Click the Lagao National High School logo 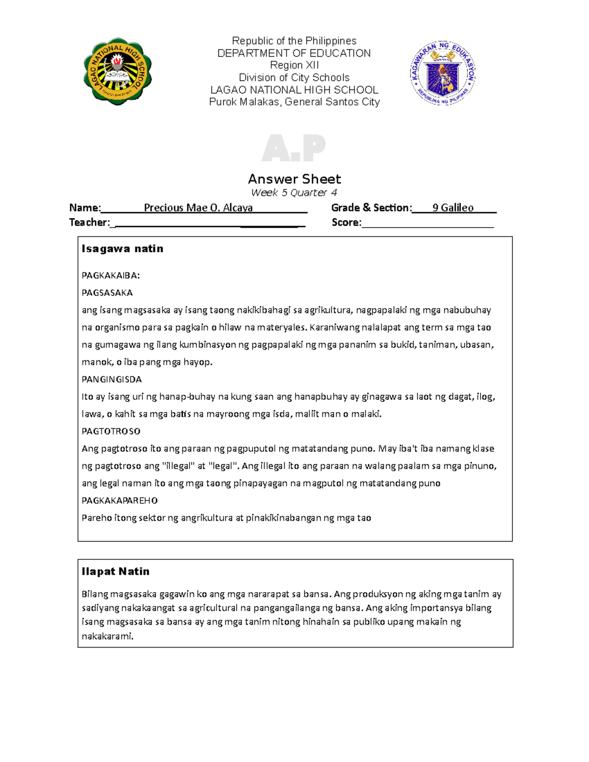tap(117, 72)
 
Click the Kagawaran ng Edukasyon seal tap(443, 73)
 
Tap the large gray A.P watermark tap(294, 148)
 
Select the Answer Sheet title tap(294, 179)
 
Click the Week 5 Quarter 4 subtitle tap(294, 192)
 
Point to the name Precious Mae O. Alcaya tap(198, 208)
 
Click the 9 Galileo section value tap(453, 208)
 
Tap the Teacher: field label tap(89, 222)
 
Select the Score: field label tap(346, 222)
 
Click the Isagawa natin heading tap(122, 249)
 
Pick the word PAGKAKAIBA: tap(110, 275)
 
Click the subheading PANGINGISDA tap(111, 379)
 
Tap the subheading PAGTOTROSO tap(111, 431)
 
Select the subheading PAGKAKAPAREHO tap(119, 500)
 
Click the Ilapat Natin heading tap(115, 571)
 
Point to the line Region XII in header tap(294, 65)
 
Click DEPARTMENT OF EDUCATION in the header tap(294, 53)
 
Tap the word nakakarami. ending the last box tap(107, 636)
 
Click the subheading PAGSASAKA tap(107, 293)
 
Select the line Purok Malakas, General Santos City tap(294, 102)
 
